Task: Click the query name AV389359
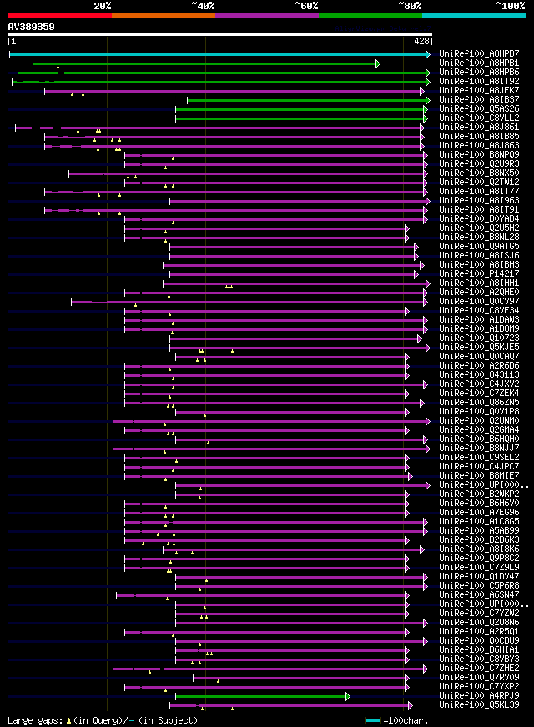32,27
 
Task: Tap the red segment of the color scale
59,14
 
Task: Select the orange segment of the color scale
163,14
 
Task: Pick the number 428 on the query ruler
421,41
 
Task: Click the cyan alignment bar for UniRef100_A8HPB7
217,54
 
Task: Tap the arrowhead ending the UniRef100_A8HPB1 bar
378,63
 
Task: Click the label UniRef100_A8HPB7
479,54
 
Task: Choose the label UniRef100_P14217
479,274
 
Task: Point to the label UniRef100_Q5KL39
479,705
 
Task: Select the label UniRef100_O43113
479,375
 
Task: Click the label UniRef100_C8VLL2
479,118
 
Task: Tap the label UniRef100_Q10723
479,338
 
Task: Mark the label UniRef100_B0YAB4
479,219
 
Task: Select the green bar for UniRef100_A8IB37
305,100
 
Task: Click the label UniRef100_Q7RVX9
479,678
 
